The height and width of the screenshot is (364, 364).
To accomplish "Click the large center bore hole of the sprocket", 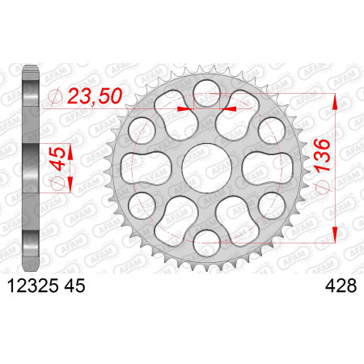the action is (207, 168).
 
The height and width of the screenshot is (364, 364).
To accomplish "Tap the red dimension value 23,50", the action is (95, 96).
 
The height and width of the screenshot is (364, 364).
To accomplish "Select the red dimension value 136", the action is (322, 155).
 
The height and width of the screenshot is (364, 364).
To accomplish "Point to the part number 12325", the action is (33, 286).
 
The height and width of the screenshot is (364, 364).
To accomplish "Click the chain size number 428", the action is (341, 286).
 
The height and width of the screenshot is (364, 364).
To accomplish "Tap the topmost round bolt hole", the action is (207, 93).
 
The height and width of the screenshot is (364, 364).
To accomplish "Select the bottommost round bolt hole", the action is (207, 243).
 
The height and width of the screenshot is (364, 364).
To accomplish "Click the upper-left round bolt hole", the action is (142, 131).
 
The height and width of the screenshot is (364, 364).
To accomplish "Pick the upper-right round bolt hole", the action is (272, 131).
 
